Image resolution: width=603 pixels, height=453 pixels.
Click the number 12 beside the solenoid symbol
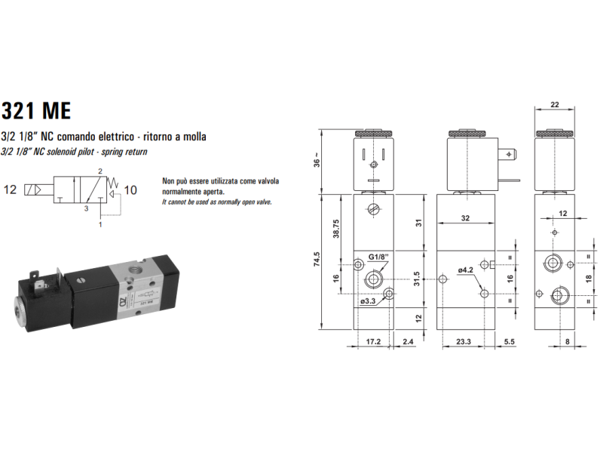tap(11, 189)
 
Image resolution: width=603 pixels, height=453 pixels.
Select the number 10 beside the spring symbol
tap(131, 189)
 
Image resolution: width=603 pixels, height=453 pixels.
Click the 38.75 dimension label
tap(336, 230)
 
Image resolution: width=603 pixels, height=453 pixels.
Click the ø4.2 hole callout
tap(465, 269)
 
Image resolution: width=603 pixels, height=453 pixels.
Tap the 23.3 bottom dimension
tap(464, 341)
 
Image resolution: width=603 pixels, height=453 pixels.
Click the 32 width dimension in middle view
tap(465, 219)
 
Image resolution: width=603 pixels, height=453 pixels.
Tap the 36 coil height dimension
tap(317, 160)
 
